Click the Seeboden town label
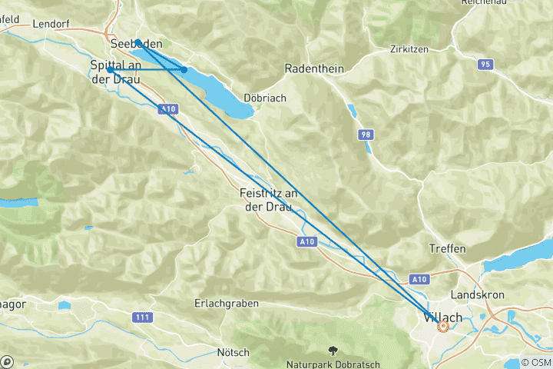[136, 44]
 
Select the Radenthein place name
[313, 68]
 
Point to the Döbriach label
[265, 98]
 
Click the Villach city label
[442, 316]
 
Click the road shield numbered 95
[484, 65]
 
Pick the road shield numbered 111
[141, 317]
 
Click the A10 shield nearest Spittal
[167, 110]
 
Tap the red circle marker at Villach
[442, 327]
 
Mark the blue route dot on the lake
[184, 70]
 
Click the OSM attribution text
[535, 362]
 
